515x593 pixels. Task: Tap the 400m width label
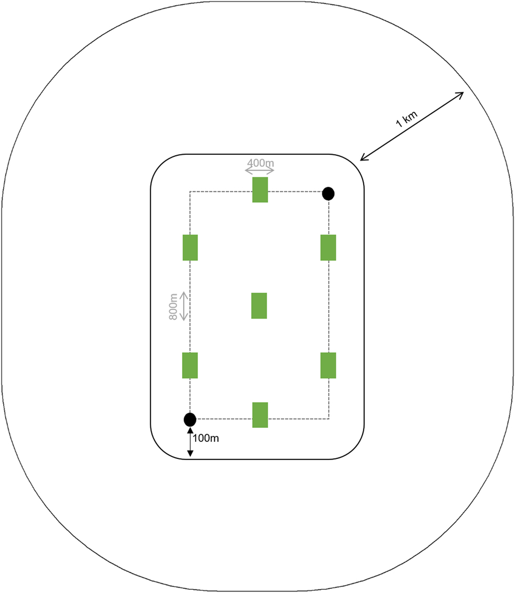click(260, 163)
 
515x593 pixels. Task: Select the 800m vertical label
click(174, 307)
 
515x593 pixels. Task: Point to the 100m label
click(205, 438)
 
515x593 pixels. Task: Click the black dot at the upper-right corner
click(328, 193)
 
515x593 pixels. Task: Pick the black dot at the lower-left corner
click(190, 419)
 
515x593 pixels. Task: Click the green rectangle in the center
click(259, 306)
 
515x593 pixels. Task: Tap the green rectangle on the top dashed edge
click(260, 190)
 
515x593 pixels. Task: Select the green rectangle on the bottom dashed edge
click(260, 415)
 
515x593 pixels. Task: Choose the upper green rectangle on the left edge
click(190, 247)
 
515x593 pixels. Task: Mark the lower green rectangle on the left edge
click(190, 365)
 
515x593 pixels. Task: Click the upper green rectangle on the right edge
click(328, 247)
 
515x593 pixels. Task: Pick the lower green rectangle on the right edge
click(328, 365)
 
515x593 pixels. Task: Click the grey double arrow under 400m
click(260, 170)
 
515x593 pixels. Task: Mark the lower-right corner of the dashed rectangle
click(328, 418)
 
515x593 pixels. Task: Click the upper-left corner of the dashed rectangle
click(190, 192)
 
